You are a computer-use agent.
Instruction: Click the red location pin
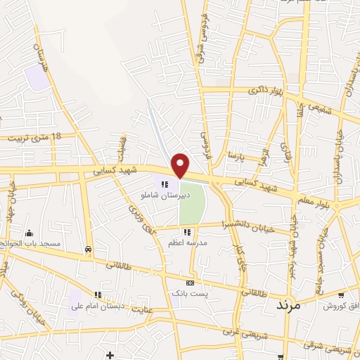pos(181,164)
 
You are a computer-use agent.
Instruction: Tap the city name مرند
pos(288,305)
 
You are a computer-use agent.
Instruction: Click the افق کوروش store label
pos(341,306)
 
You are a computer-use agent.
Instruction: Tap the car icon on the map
pos(88,249)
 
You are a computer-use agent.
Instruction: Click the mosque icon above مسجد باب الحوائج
pos(29,233)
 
